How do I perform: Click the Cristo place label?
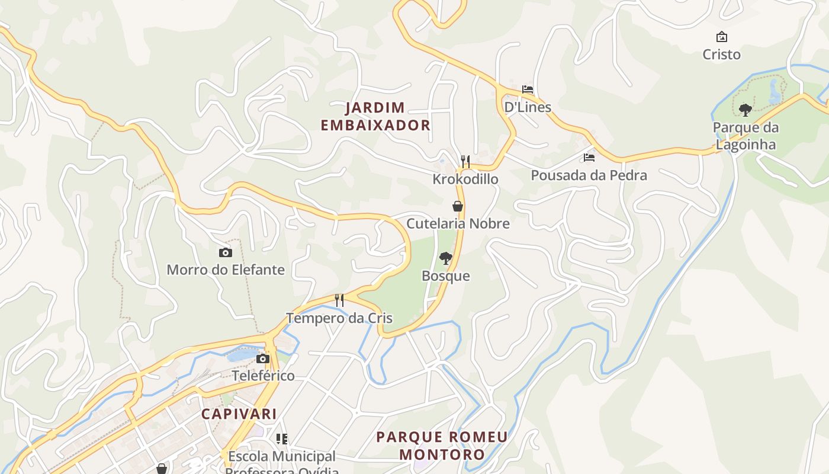(721, 55)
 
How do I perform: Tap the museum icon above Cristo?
(721, 37)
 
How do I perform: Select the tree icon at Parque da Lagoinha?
(746, 110)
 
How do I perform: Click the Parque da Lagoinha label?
(746, 136)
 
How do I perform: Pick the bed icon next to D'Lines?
(528, 89)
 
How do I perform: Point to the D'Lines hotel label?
(527, 107)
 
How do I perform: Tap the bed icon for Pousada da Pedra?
(589, 158)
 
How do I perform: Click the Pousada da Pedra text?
(589, 175)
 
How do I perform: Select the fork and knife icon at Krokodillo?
(465, 161)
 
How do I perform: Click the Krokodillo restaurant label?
(465, 179)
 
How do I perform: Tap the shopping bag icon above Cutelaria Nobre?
(458, 206)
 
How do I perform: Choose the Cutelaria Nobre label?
(458, 224)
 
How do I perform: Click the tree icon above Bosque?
(446, 258)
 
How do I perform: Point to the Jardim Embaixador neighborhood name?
(375, 116)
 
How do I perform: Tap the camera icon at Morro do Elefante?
(226, 252)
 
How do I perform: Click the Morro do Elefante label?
(226, 270)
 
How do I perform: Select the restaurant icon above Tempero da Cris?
(339, 300)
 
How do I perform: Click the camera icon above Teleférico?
(263, 358)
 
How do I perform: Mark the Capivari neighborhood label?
(239, 414)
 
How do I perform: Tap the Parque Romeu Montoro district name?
(442, 446)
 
